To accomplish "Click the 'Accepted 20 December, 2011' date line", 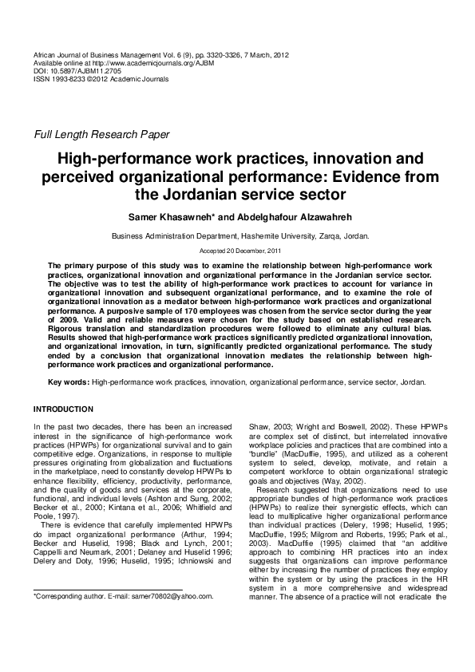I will click(x=237, y=251).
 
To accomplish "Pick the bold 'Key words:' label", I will click(x=69, y=382).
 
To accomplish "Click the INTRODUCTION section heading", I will click(x=63, y=409).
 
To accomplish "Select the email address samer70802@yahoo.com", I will click(x=174, y=619).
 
